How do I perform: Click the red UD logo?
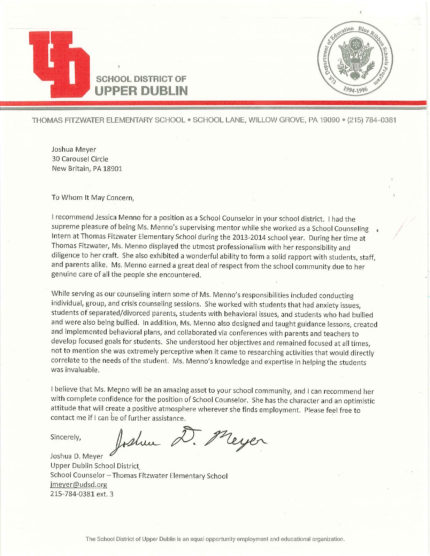point(59,64)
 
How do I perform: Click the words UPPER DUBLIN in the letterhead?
point(141,91)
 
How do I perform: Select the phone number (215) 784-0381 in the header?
point(372,120)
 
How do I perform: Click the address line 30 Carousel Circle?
point(80,159)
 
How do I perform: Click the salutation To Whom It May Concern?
point(93,197)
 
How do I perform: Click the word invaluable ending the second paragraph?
point(75,370)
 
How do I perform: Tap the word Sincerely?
point(66,437)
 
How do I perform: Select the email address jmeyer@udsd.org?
point(79,485)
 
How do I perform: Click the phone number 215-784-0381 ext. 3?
point(82,494)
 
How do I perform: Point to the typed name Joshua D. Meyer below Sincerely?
point(77,456)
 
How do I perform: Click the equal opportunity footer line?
point(215,539)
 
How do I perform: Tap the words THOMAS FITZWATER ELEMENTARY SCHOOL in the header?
point(108,120)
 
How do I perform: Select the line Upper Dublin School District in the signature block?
point(95,466)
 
